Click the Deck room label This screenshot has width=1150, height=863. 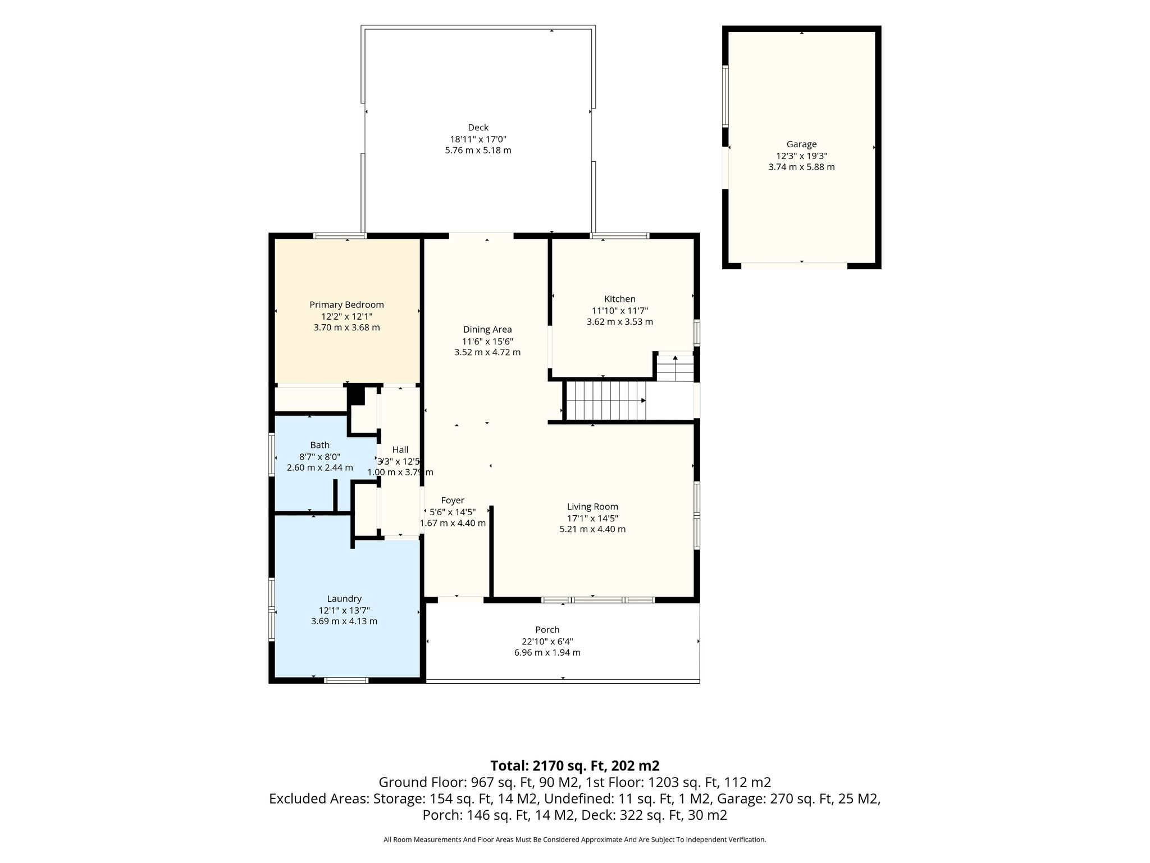click(x=478, y=128)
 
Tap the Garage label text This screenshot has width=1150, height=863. click(x=801, y=144)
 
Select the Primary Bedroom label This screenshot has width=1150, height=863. click(x=346, y=305)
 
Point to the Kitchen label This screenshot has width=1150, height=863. click(x=619, y=299)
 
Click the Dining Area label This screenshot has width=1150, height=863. click(x=487, y=330)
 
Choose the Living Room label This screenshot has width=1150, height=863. click(x=592, y=507)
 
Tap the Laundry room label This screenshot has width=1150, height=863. click(x=344, y=599)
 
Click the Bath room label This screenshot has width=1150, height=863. click(x=320, y=445)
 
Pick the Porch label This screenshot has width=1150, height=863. click(x=547, y=630)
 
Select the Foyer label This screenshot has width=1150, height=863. click(x=453, y=501)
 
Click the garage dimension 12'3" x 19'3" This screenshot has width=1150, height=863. click(x=801, y=156)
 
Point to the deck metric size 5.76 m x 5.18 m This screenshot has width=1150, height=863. click(x=478, y=151)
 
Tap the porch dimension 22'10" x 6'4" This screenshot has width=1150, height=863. click(x=547, y=641)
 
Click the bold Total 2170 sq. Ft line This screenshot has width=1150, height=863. click(x=574, y=766)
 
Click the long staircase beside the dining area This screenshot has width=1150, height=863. click(x=605, y=401)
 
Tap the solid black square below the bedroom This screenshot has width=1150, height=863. click(x=356, y=395)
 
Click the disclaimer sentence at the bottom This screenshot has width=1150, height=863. click(x=574, y=839)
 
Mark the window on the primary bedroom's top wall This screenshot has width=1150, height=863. click(x=340, y=236)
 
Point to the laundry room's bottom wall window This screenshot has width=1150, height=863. click(x=346, y=680)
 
